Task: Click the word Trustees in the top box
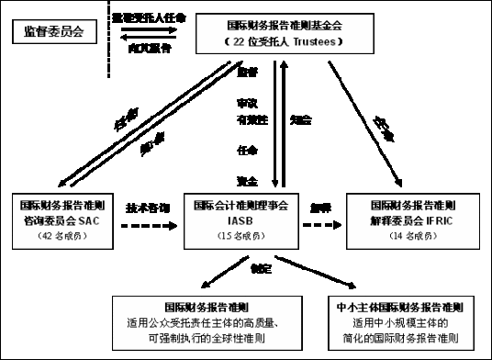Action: pos(316,43)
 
